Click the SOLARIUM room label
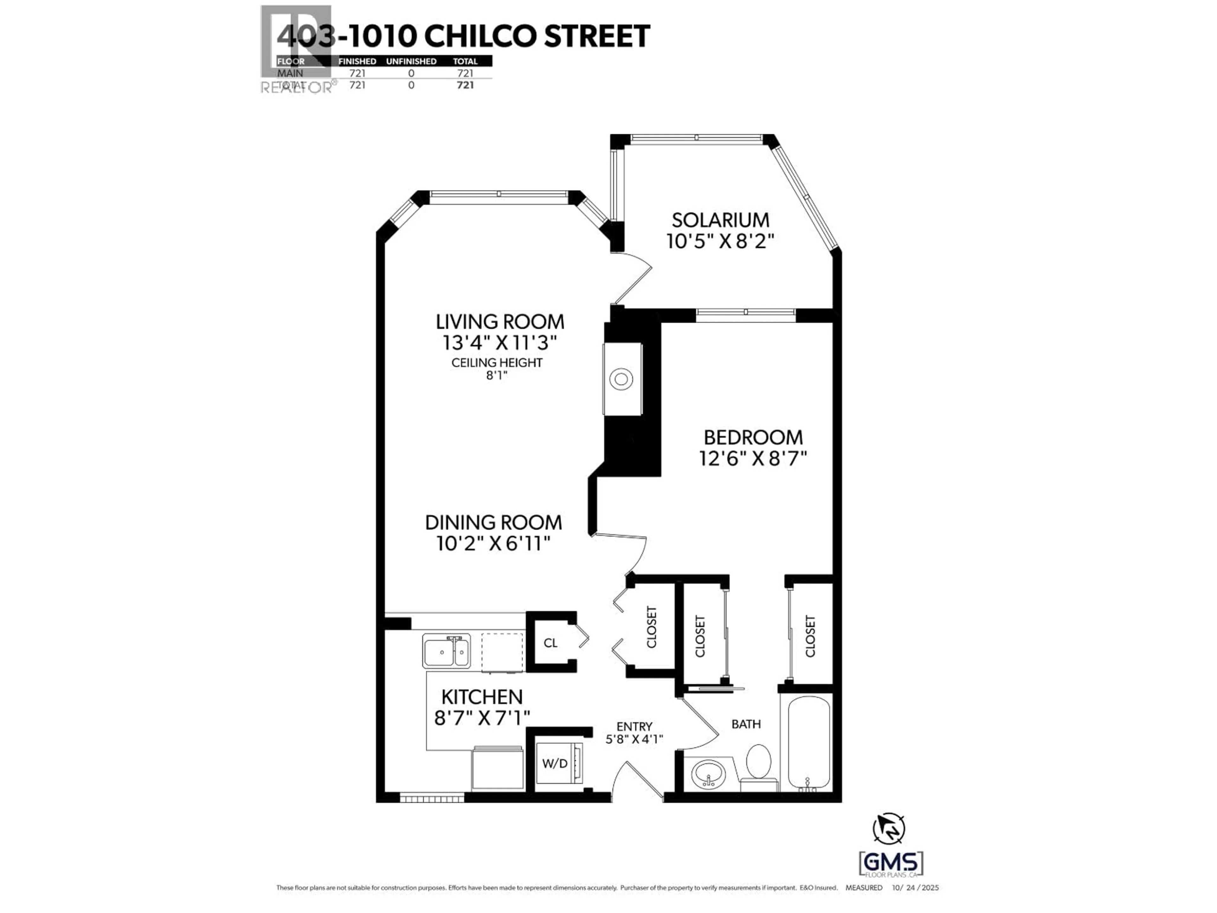[720, 220]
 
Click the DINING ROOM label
[493, 522]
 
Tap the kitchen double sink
[446, 651]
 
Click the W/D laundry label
[555, 763]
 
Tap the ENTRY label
[634, 727]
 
